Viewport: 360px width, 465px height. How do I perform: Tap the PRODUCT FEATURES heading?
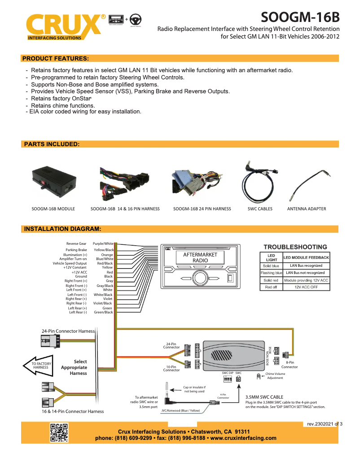coord(55,58)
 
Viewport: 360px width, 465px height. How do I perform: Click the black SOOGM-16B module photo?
coord(53,181)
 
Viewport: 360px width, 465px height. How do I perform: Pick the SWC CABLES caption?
coord(260,209)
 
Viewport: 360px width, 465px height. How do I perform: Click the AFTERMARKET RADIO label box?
coord(200,257)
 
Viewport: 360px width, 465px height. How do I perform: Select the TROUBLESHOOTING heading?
coord(295,247)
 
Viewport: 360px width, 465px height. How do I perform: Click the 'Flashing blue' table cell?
coord(272,273)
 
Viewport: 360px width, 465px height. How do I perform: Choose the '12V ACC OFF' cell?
coord(306,287)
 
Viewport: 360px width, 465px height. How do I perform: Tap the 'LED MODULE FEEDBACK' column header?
coord(306,257)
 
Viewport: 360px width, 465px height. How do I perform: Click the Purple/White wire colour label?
coord(103,243)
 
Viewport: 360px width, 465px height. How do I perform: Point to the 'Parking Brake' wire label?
coord(76,250)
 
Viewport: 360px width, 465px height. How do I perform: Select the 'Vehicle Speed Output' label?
coord(70,263)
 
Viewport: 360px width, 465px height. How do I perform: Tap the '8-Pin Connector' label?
coord(290,365)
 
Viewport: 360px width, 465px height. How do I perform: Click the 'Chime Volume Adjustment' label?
coord(275,376)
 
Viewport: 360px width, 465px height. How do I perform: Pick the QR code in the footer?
coord(59,433)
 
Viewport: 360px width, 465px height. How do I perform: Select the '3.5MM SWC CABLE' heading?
coord(264,397)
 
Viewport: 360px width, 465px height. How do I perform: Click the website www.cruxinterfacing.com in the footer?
coord(243,438)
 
